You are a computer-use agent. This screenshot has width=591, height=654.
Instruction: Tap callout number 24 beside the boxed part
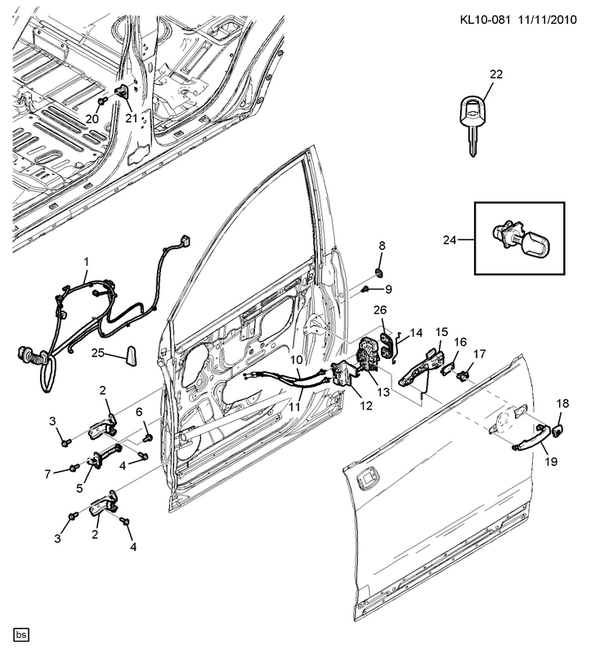[450, 240]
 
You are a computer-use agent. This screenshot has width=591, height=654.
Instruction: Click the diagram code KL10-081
[485, 20]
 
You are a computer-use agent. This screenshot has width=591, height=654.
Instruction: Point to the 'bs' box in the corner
[22, 635]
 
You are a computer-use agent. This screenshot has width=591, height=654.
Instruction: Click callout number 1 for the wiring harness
[87, 262]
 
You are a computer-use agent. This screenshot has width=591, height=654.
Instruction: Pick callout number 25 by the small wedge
[98, 353]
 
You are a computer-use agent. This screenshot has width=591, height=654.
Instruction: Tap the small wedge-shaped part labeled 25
[131, 356]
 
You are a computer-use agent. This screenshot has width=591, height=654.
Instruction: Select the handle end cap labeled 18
[558, 430]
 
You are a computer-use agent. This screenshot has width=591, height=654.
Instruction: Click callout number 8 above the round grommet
[382, 246]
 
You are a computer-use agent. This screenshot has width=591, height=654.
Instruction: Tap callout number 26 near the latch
[380, 310]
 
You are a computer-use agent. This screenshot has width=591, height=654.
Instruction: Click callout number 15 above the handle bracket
[442, 332]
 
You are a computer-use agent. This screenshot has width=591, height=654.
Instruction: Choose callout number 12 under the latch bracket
[366, 405]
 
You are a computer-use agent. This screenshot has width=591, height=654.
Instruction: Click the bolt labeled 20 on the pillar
[102, 101]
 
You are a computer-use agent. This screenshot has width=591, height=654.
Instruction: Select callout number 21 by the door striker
[132, 118]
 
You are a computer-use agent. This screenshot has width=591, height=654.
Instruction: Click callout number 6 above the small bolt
[139, 412]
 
